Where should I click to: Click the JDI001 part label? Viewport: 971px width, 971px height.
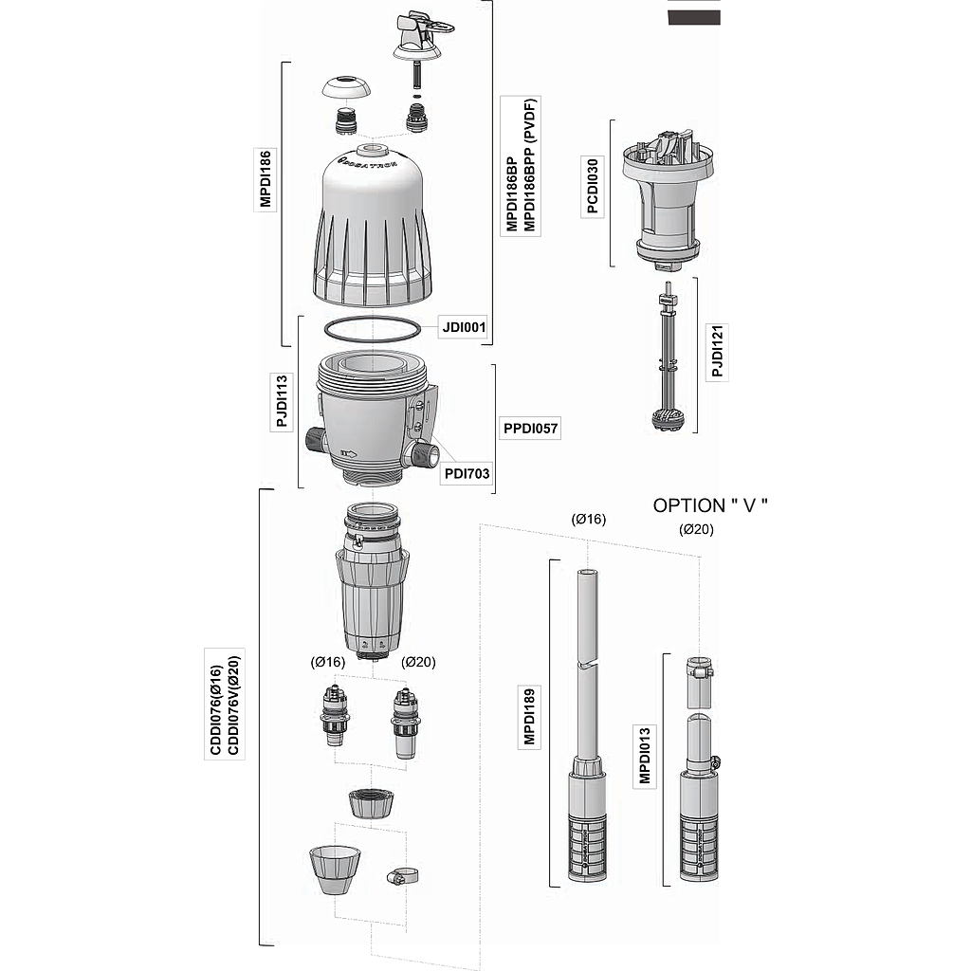pos(464,326)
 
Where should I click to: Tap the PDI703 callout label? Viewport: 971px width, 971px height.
pos(467,474)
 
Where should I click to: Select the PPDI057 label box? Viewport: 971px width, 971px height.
pos(530,428)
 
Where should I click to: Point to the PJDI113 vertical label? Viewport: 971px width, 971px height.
pos(282,401)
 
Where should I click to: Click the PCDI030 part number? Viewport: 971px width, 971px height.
pos(593,186)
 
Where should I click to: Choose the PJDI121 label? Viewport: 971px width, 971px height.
pos(717,351)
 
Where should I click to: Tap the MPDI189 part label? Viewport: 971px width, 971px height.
pos(529,717)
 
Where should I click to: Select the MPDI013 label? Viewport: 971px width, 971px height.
pos(645,755)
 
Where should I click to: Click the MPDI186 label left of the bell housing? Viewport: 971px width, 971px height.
pos(266,179)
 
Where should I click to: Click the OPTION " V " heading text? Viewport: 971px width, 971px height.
pos(710,505)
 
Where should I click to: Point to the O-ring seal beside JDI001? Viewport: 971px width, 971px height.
pos(373,328)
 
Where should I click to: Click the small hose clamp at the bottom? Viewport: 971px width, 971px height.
pos(401,876)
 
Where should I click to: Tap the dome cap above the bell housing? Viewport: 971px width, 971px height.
pos(346,87)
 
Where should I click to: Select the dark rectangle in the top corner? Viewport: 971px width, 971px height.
pos(693,18)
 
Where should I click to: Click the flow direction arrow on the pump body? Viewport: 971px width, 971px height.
pos(349,454)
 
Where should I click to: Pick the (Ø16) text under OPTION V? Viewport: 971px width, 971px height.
pos(588,519)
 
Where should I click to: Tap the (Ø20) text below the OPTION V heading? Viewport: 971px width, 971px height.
pos(696,529)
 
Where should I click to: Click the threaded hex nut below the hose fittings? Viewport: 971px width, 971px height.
pos(371,803)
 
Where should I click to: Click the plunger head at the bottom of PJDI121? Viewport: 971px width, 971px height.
pos(667,421)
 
